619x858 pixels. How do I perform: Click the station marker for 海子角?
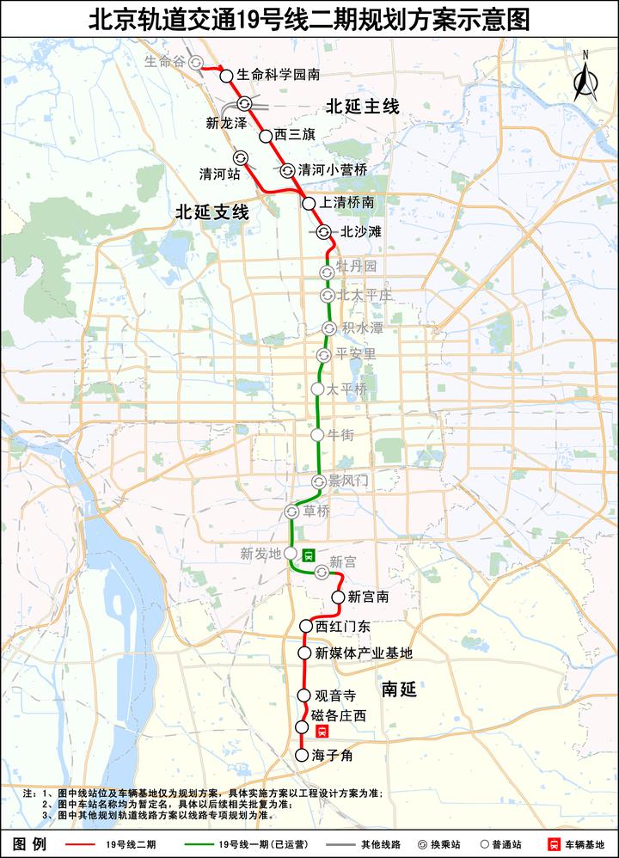[x=302, y=756]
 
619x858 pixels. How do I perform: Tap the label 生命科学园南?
[x=279, y=76]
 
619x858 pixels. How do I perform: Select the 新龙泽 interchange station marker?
[x=245, y=103]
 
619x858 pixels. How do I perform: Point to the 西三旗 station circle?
[x=266, y=135]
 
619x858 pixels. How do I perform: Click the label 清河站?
[x=218, y=174]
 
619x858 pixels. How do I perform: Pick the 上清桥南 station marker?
[x=309, y=203]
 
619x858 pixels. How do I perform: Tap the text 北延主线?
[x=363, y=107]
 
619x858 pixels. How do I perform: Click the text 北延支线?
[x=212, y=212]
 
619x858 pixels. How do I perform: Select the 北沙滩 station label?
[x=361, y=231]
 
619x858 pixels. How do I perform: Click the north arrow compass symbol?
[x=585, y=77]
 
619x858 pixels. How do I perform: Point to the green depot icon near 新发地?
[x=309, y=555]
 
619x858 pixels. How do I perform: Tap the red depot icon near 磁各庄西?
[x=322, y=732]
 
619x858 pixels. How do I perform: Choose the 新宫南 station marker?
[x=339, y=597]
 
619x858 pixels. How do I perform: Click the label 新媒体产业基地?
[x=364, y=653]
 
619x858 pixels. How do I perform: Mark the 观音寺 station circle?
[x=303, y=695]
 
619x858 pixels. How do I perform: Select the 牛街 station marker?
[x=318, y=435]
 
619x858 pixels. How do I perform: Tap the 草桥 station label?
[x=317, y=512]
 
